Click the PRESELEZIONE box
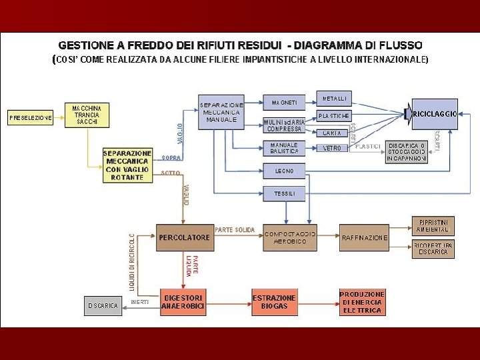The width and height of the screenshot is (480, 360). (x=31, y=118)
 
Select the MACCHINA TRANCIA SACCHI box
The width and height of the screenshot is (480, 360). (x=87, y=115)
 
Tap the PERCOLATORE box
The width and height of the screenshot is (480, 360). (x=184, y=237)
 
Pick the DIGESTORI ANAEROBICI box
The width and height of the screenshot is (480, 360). (x=183, y=302)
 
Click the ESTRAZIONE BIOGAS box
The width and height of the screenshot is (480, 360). (x=274, y=302)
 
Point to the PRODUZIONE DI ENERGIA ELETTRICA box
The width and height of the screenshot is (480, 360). (x=362, y=302)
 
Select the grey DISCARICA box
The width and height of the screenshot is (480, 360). (x=103, y=305)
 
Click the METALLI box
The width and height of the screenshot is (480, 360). (x=335, y=99)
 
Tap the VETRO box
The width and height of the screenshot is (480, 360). (x=332, y=148)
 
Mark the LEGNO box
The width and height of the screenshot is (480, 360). (x=285, y=171)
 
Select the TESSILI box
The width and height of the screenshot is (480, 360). (x=285, y=194)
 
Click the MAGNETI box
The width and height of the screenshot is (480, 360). (x=285, y=103)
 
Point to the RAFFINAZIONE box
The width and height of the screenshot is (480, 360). (x=364, y=237)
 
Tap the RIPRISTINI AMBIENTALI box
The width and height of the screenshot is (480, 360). (x=433, y=225)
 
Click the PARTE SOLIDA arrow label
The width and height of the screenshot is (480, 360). (x=235, y=230)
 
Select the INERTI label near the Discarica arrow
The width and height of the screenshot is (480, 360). (x=140, y=302)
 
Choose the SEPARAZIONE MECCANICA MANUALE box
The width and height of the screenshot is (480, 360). (x=221, y=112)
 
